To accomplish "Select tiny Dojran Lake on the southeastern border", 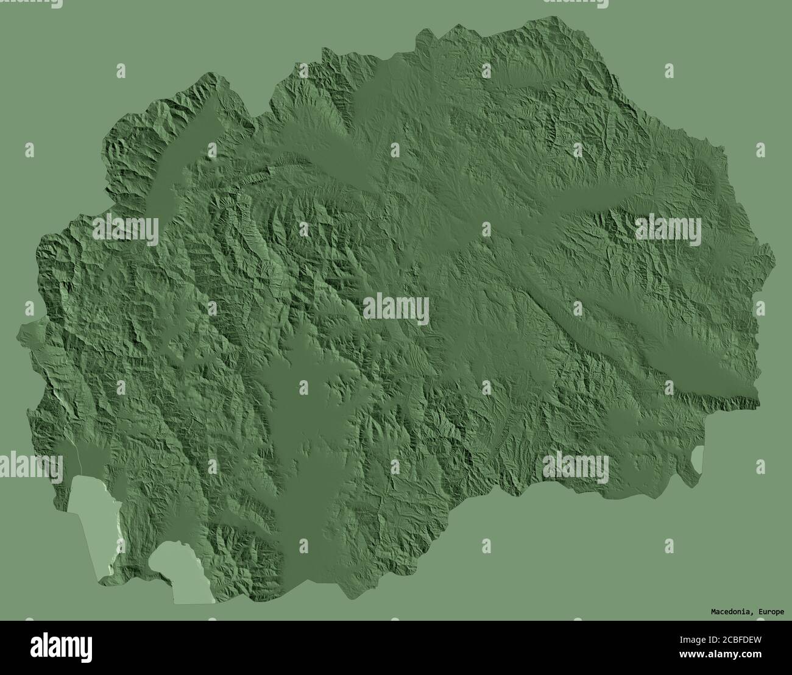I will (698, 459).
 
